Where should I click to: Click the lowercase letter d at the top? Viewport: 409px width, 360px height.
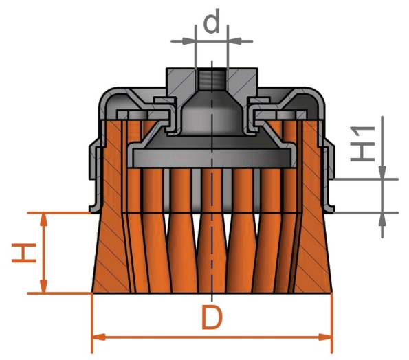click(x=212, y=22)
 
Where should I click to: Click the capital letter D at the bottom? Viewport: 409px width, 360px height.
click(x=213, y=319)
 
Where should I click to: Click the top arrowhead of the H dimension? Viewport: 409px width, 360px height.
click(x=44, y=219)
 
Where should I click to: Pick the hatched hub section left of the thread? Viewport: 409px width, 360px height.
click(x=180, y=81)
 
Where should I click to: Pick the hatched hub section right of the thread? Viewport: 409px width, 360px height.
click(x=243, y=81)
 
